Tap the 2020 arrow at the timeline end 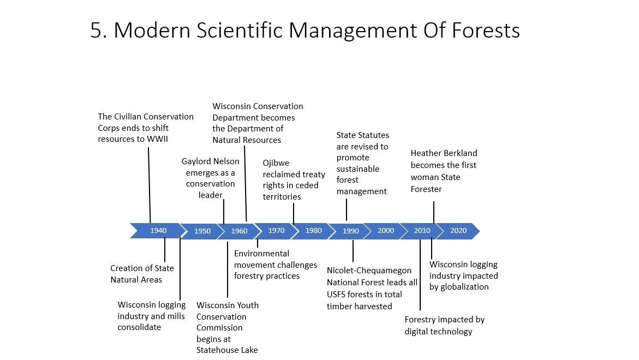[x=458, y=231]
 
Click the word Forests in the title [x=486, y=31]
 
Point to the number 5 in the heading [x=95, y=31]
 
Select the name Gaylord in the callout [x=196, y=161]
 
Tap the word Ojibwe [x=276, y=163]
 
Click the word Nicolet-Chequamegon [x=369, y=271]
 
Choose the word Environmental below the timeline [x=261, y=253]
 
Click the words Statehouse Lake [x=227, y=350]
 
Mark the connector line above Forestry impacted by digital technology [x=420, y=275]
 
